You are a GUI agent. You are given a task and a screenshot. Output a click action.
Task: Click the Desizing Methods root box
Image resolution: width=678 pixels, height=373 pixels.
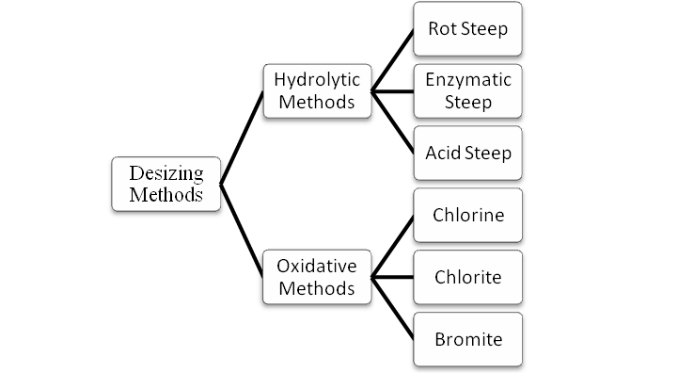point(166,184)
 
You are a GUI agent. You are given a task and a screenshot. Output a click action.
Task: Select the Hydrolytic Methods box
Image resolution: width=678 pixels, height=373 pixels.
point(317,90)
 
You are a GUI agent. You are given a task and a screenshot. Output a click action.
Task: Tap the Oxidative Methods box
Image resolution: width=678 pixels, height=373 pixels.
point(317,276)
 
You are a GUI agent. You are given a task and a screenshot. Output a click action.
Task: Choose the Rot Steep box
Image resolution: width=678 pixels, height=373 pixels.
point(467,28)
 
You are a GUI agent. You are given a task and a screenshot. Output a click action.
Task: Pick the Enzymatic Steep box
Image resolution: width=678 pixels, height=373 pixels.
point(467,90)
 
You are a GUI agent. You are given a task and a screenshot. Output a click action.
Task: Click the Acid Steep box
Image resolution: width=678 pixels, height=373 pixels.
point(467,153)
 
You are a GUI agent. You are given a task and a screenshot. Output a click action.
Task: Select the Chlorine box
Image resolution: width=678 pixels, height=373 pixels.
point(467,215)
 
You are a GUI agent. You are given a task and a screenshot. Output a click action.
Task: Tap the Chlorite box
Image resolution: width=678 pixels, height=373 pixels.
point(467,277)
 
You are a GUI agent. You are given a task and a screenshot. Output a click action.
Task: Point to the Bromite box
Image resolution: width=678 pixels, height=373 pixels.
point(467,338)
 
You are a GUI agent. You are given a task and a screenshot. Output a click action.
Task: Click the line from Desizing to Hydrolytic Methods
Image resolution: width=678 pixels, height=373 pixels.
point(242,137)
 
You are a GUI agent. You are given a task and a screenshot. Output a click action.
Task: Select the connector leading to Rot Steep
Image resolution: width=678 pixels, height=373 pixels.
point(393,59)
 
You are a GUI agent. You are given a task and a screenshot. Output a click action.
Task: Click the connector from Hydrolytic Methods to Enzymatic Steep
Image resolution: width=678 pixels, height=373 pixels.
point(393,91)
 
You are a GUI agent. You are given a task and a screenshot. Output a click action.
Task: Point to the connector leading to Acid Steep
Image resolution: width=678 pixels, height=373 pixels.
point(393,122)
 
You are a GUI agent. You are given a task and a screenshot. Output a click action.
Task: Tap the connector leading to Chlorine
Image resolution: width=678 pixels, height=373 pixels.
point(393,246)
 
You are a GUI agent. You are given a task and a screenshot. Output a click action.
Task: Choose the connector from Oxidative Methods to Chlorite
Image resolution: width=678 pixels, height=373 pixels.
point(393,277)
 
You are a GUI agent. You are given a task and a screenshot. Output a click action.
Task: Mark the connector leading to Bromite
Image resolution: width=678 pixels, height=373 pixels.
point(393,308)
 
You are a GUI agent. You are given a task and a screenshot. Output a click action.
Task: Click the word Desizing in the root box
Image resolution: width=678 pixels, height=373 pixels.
point(166,174)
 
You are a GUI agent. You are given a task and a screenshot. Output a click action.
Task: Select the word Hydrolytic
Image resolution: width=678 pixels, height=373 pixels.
point(317,79)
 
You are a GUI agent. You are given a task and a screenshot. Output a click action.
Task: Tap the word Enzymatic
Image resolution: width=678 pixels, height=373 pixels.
point(467,80)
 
